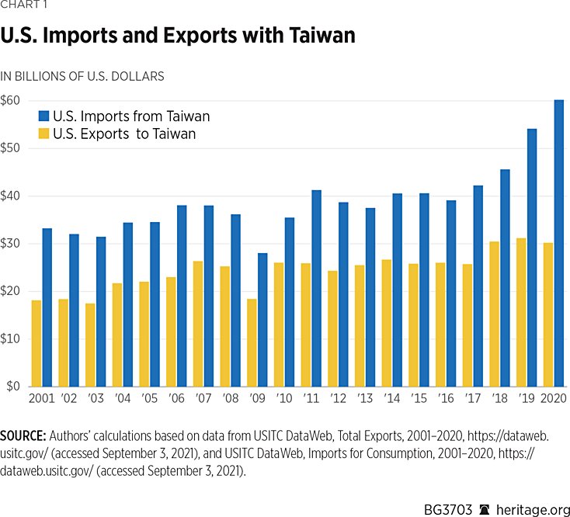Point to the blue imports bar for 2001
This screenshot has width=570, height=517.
click(47, 307)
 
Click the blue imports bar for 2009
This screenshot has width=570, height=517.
click(262, 320)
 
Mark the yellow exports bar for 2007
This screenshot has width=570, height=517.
click(198, 324)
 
